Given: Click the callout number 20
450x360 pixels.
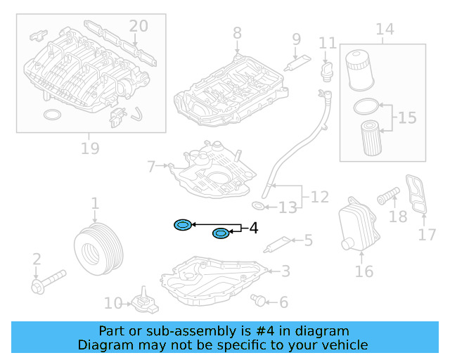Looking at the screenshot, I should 139,26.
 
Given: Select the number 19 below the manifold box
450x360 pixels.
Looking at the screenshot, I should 89,148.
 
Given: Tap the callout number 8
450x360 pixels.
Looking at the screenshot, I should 237,32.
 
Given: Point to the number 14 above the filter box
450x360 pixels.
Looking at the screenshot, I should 384,30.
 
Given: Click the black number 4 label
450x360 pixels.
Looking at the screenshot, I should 253,228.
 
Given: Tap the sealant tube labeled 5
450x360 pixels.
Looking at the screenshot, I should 277,244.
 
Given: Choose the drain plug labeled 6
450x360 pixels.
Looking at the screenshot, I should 260,301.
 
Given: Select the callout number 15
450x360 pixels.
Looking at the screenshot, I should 407,117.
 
